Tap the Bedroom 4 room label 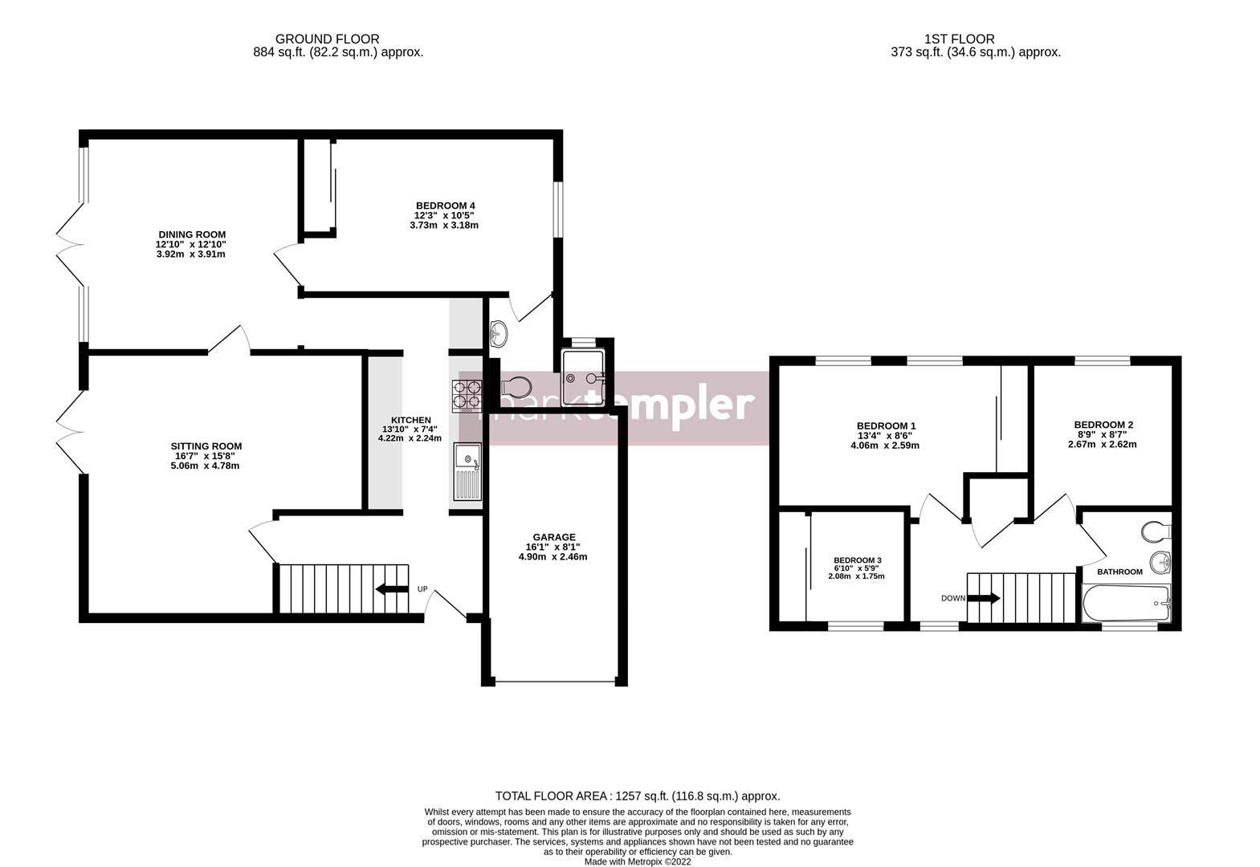(x=444, y=205)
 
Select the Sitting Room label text (x=206, y=446)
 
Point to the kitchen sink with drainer (x=467, y=472)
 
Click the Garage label (x=553, y=537)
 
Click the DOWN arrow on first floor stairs (x=984, y=598)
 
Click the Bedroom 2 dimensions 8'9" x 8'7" (x=1103, y=434)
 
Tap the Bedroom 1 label (x=886, y=425)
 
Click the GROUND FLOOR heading (x=327, y=39)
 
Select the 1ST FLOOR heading (x=959, y=39)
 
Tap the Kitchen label (x=410, y=420)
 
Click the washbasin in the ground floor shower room (x=499, y=329)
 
